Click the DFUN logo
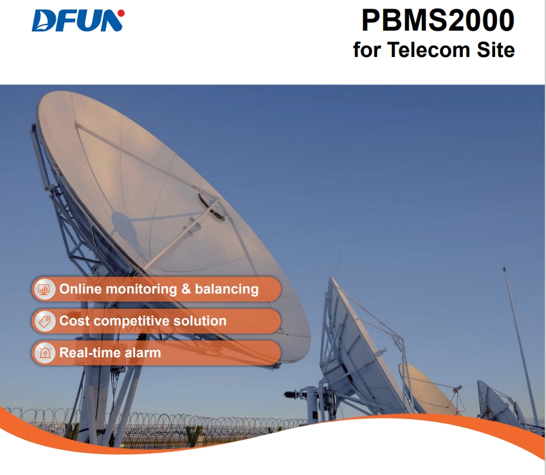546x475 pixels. pyautogui.click(x=78, y=21)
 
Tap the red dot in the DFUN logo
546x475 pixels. pyautogui.click(x=121, y=13)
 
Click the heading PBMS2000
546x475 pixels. pyautogui.click(x=438, y=20)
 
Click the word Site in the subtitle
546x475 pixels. pyautogui.click(x=496, y=50)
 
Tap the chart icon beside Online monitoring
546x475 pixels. pyautogui.click(x=44, y=289)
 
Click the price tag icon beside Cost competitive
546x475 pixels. pyautogui.click(x=44, y=321)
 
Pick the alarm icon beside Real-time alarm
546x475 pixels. pyautogui.click(x=44, y=353)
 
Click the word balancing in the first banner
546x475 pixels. pyautogui.click(x=226, y=289)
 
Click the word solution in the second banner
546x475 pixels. pyautogui.click(x=200, y=321)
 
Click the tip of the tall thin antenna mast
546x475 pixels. pyautogui.click(x=504, y=268)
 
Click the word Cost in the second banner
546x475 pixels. pyautogui.click(x=75, y=321)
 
